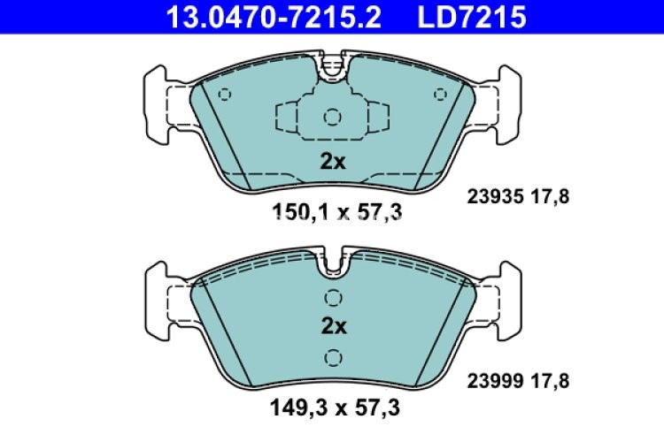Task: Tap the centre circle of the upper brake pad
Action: click(x=333, y=117)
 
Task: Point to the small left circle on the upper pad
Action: click(x=224, y=95)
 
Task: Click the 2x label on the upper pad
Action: click(x=333, y=161)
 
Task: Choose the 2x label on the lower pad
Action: click(x=333, y=326)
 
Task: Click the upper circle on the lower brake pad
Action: click(x=333, y=297)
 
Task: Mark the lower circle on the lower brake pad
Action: click(x=333, y=357)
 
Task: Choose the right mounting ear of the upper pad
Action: click(x=507, y=103)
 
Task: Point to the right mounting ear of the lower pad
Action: click(x=507, y=298)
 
